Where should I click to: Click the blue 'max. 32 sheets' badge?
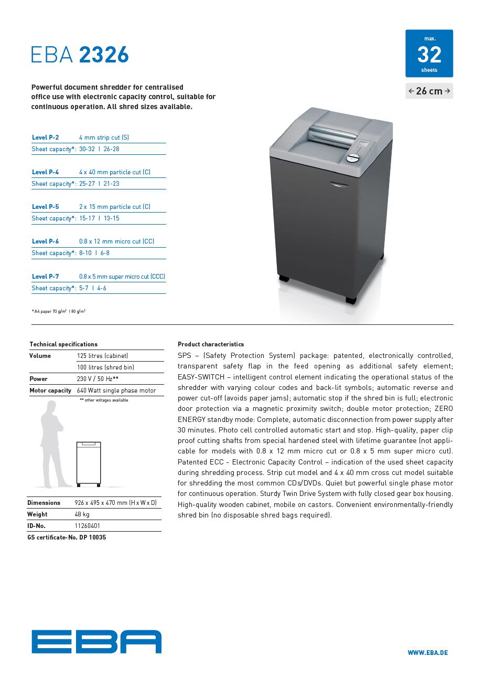point(429,54)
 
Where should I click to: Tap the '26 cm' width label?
point(429,91)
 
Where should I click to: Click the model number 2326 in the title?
point(104,55)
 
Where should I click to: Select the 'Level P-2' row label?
point(46,138)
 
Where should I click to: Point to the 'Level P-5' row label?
point(46,207)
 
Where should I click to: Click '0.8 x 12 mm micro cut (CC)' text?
point(116,241)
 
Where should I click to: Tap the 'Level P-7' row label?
point(46,277)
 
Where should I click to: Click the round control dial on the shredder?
point(354,158)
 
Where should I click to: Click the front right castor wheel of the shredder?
point(351,300)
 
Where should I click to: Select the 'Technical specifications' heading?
point(63,344)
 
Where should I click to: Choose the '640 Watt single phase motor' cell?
point(116,390)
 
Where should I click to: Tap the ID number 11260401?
point(88,526)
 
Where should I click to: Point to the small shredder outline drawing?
point(89,463)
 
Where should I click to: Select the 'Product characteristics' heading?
point(211,344)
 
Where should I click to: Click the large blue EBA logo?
point(96,642)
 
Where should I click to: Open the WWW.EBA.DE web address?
point(428,653)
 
